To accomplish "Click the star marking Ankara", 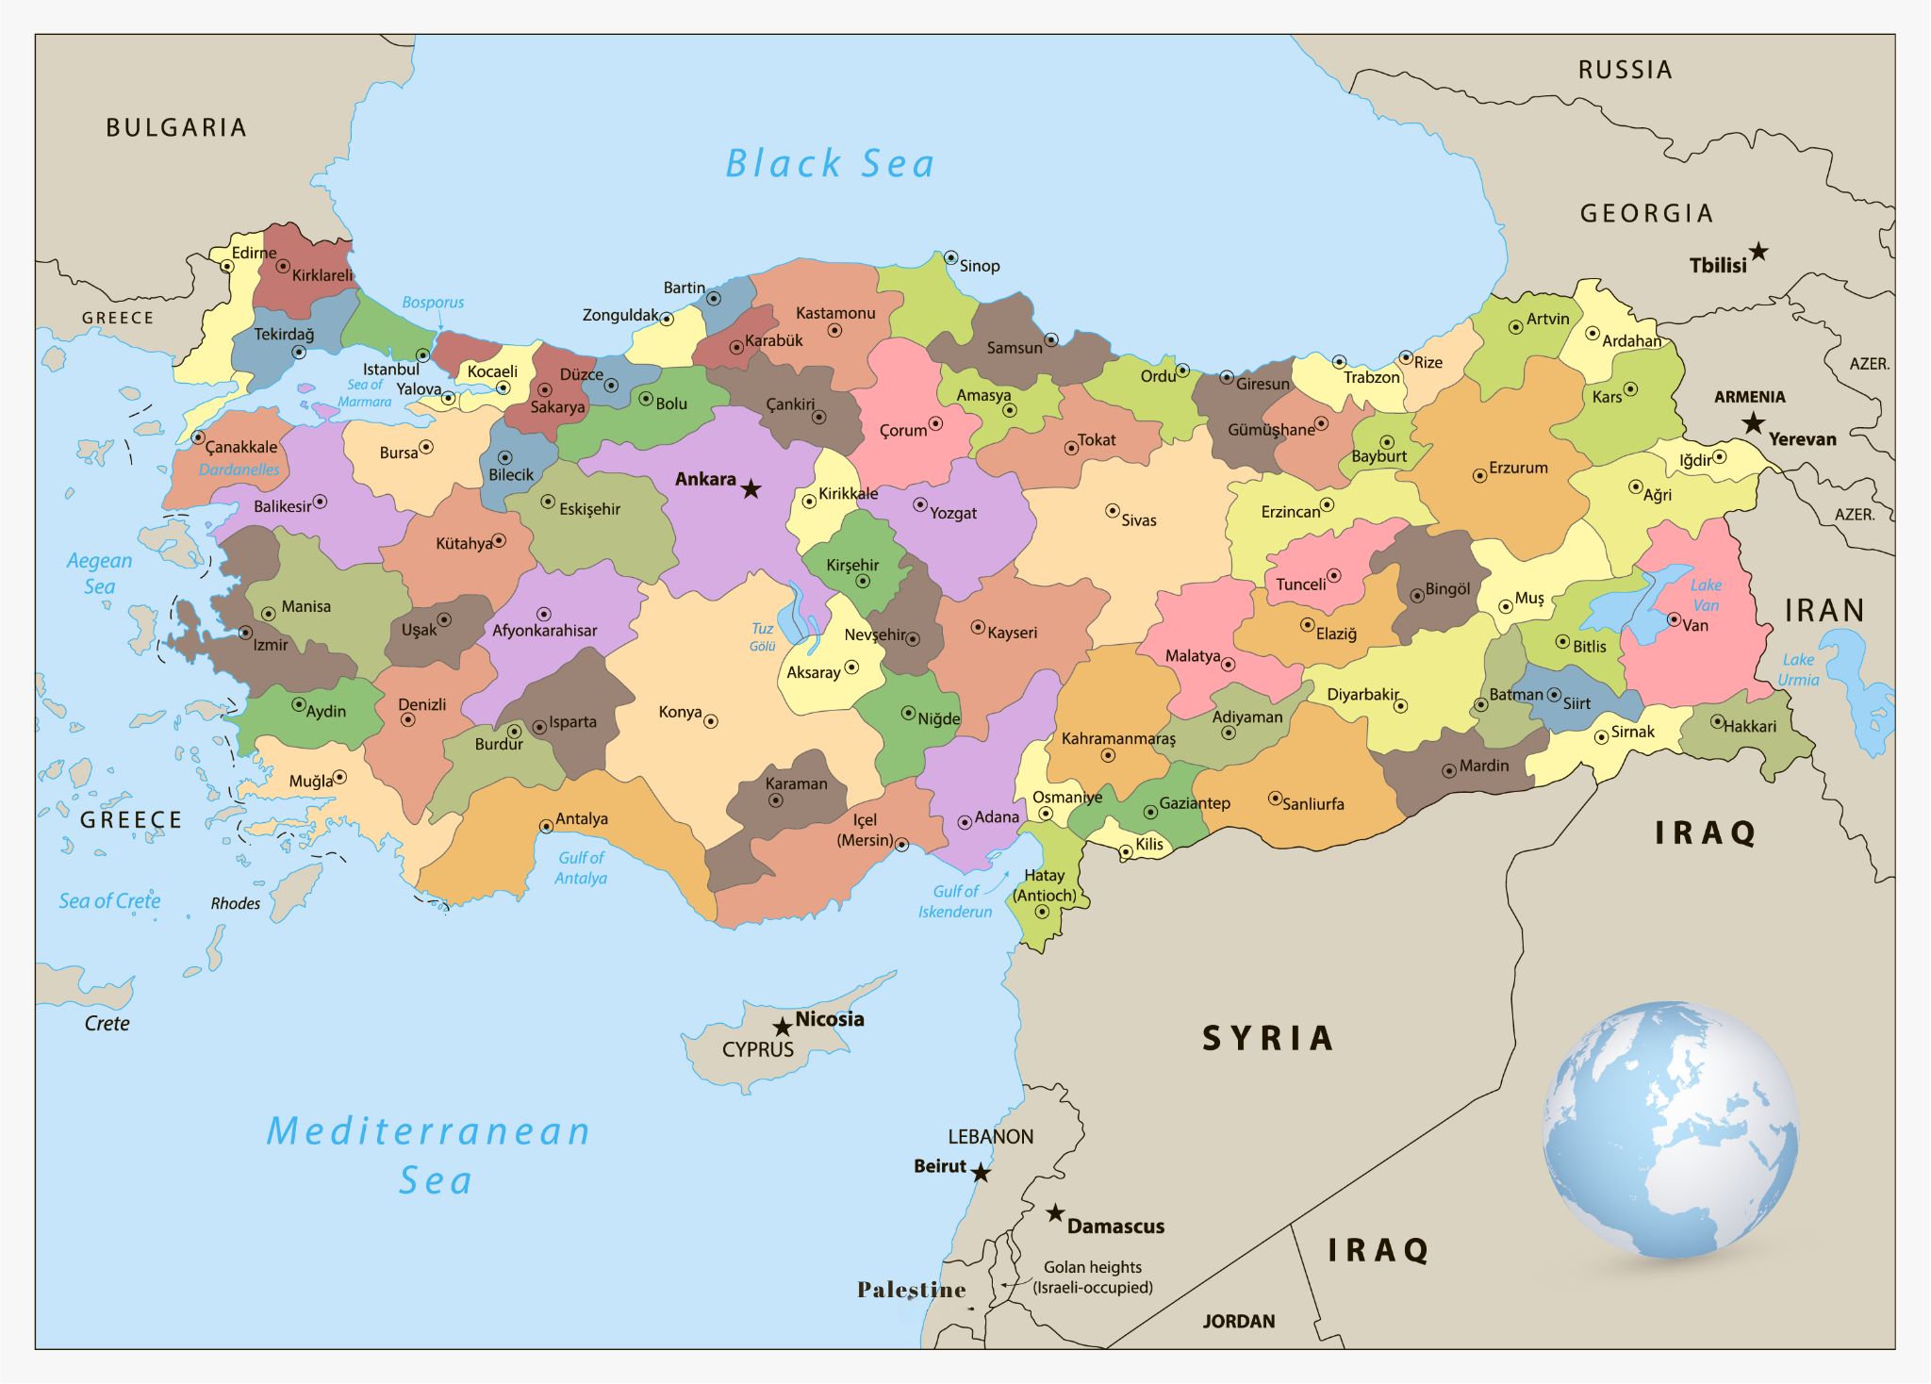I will pos(751,488).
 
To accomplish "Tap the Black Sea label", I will pos(830,164).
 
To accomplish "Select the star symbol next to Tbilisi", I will pos(1758,252).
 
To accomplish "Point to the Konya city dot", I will pos(711,721).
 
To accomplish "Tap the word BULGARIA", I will pos(176,127).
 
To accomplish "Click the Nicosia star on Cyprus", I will pos(782,1027).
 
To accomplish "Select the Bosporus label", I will pos(433,303).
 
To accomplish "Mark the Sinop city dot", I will pos(950,257).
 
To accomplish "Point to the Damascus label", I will pos(1115,1227).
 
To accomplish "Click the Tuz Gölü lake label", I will pos(762,637).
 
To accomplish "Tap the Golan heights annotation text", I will pos(1092,1277).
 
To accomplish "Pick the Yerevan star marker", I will pos(1753,423).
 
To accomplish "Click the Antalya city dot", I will pos(546,826).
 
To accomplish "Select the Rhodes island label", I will pos(236,903).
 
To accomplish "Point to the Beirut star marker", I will pos(981,1173).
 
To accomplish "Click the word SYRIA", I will pos(1267,1039).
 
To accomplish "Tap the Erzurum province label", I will pos(1518,468).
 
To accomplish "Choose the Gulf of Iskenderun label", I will pos(955,901).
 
